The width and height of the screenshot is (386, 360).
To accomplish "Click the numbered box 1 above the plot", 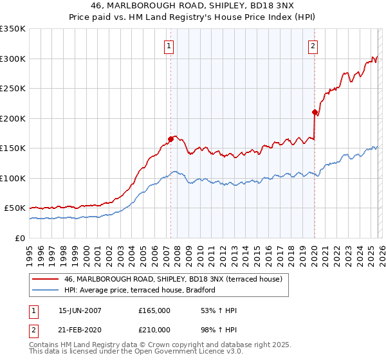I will tap(169, 46).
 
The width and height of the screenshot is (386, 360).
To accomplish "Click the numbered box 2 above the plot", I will tap(312, 46).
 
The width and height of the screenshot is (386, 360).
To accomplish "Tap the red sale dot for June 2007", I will tap(170, 138).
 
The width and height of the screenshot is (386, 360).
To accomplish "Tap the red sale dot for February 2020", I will tap(315, 112).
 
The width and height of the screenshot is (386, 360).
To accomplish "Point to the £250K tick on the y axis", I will tap(13, 89).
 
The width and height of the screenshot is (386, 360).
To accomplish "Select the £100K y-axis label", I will tap(13, 178).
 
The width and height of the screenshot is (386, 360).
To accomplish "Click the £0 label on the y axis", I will tap(20, 238).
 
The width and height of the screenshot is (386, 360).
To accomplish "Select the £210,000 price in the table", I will tap(154, 330).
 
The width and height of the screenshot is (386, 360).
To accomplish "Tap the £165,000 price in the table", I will tap(154, 311).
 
